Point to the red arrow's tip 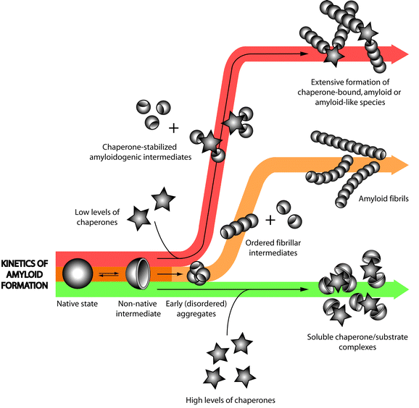(x=407, y=53)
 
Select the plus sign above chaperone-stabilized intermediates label (x=173, y=129)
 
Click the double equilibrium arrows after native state (x=108, y=274)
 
